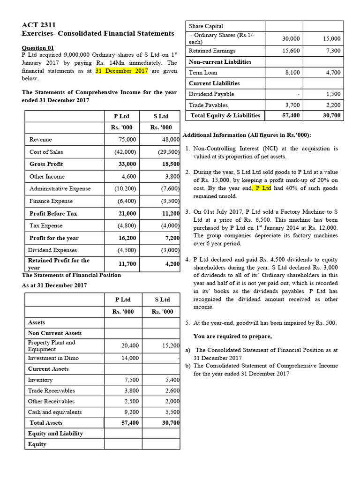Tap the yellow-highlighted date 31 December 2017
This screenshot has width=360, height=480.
pos(121,71)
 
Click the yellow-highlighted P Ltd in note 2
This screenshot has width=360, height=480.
pos(262,188)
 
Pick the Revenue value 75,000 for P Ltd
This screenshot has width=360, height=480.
pos(127,140)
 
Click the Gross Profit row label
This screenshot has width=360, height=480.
pos(46,164)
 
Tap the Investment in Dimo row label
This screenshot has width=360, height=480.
pos(53,358)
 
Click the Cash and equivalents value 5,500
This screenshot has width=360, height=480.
pos(172,412)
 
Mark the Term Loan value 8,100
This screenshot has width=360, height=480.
pos(292,73)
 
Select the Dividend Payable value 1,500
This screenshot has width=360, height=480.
pos(333,94)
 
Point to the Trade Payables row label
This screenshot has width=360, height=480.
pos(208,105)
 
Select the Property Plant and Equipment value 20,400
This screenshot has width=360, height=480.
pos(130,345)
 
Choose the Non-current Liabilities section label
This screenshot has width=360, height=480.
pos(220,62)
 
